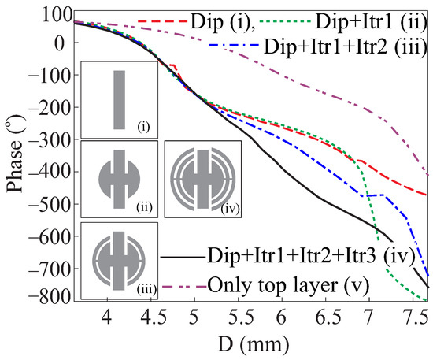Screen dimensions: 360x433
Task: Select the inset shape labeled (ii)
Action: click(119, 179)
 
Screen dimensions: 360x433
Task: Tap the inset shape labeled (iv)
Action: click(200, 179)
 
